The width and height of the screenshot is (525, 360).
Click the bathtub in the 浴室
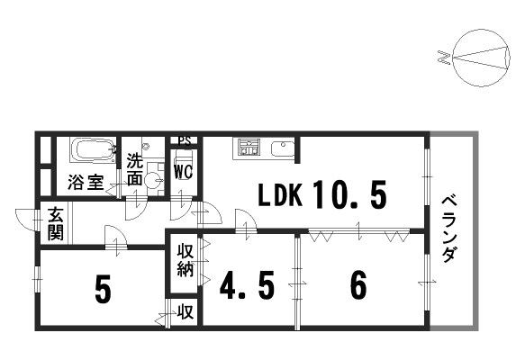[93, 151]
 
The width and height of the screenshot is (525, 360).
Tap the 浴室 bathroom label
[86, 182]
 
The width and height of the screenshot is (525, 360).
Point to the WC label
[183, 172]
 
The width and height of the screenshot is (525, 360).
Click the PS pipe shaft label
[184, 141]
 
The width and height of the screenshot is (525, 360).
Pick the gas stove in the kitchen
[249, 148]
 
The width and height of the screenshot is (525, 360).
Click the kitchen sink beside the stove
[283, 148]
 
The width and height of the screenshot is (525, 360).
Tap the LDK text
[281, 194]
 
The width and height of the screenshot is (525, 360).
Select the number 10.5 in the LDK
[350, 194]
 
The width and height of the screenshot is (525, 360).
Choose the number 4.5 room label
[247, 285]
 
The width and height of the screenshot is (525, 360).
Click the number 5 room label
[103, 288]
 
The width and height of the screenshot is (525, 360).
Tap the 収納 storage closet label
[186, 260]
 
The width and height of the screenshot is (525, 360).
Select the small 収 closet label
[186, 311]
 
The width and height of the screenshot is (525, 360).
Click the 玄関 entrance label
[56, 223]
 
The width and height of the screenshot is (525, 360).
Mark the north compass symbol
[481, 58]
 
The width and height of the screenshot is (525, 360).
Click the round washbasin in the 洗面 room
[153, 181]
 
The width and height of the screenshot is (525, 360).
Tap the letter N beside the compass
[443, 58]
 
